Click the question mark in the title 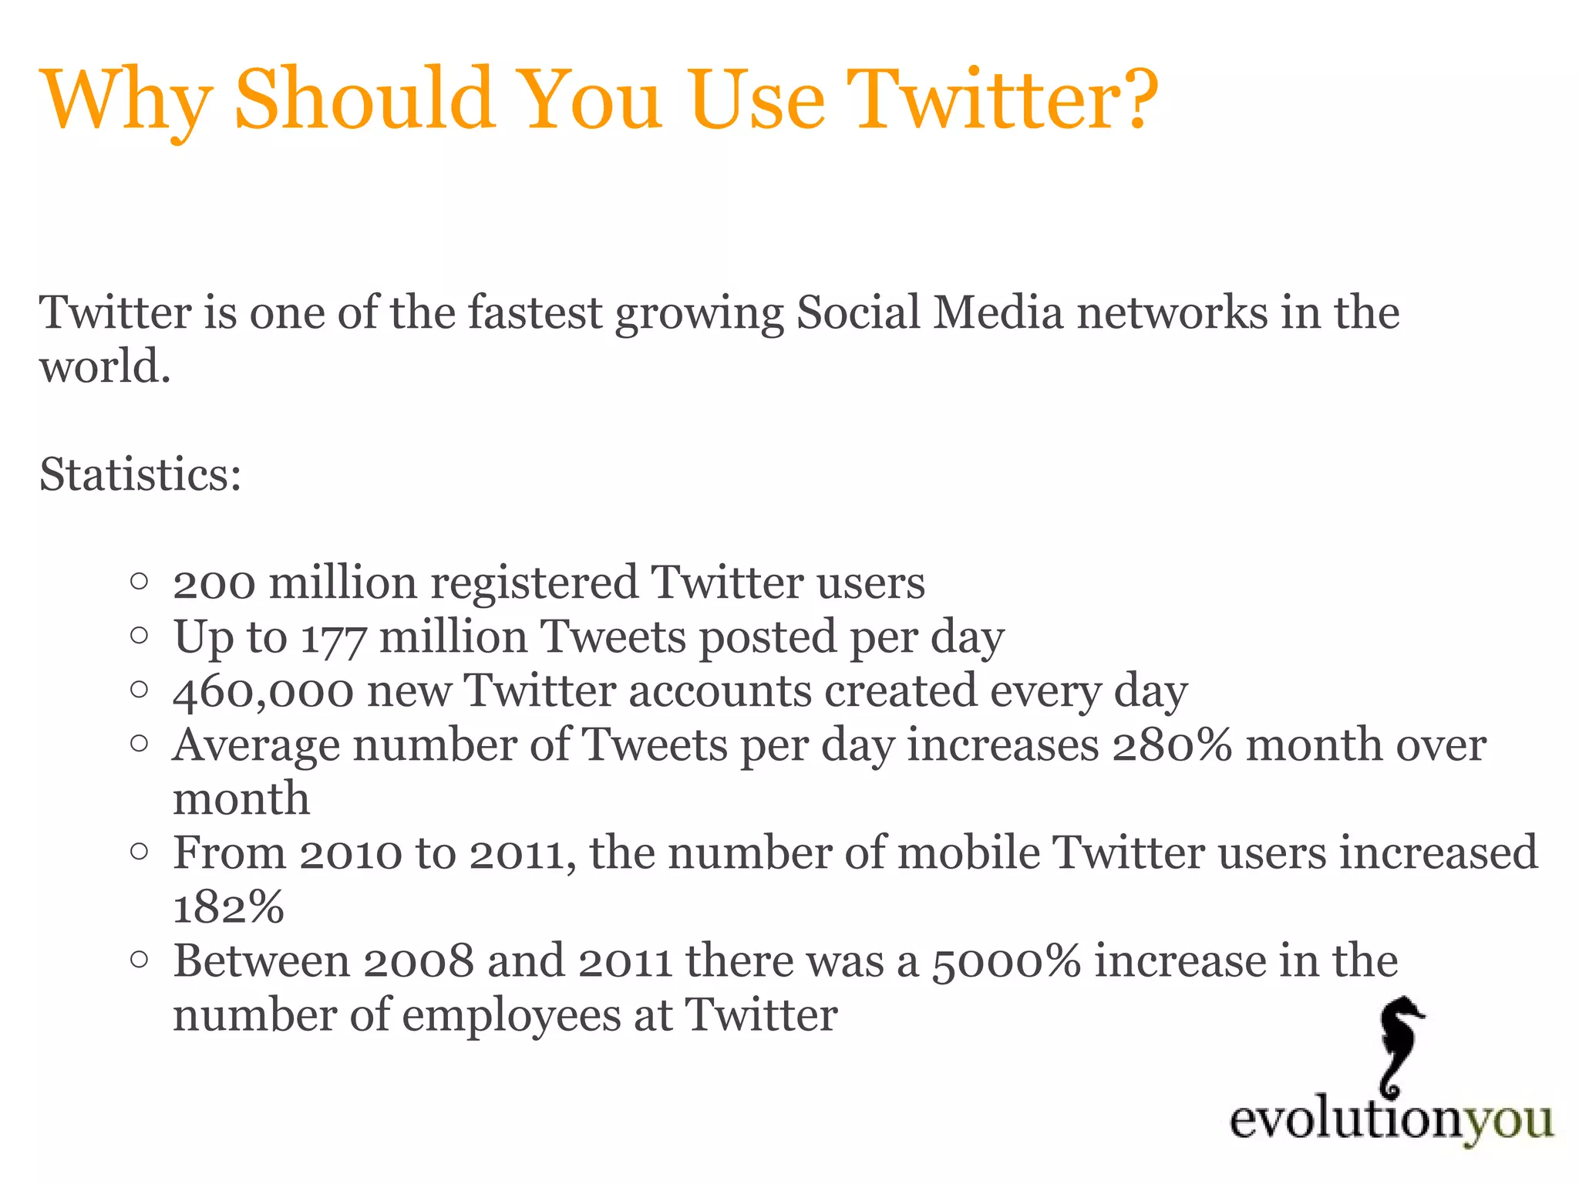click(1134, 99)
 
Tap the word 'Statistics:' click(140, 474)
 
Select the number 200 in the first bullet click(214, 583)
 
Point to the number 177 click(332, 639)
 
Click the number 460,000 click(263, 692)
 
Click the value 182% click(228, 907)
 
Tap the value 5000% click(1006, 962)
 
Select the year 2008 click(418, 962)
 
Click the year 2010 click(351, 854)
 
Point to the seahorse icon click(1399, 1046)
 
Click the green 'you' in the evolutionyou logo click(1508, 1121)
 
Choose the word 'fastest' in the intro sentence click(534, 313)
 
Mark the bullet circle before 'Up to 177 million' click(139, 636)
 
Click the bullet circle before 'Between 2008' click(139, 960)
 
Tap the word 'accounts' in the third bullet click(720, 692)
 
